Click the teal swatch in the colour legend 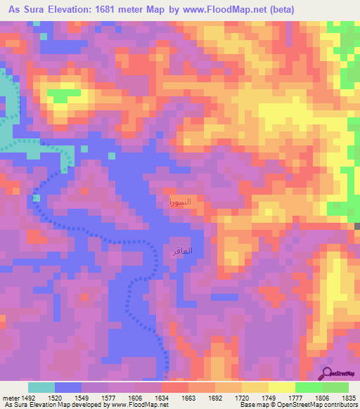coord(41,387)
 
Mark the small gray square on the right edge coord(356,226)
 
